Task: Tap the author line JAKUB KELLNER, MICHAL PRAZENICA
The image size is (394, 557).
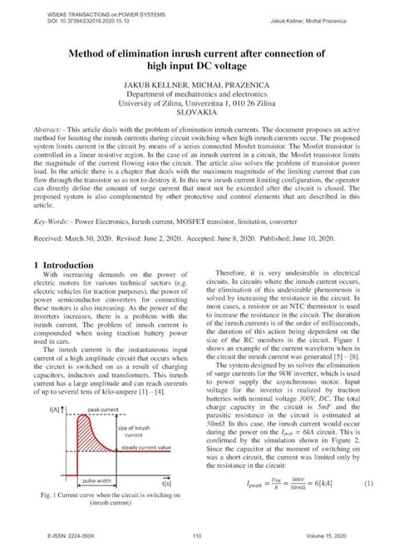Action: [196, 85]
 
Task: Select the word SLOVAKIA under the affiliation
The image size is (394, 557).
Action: [196, 118]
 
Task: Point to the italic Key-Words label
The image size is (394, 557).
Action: [53, 223]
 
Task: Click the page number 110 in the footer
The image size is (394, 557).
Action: [197, 536]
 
